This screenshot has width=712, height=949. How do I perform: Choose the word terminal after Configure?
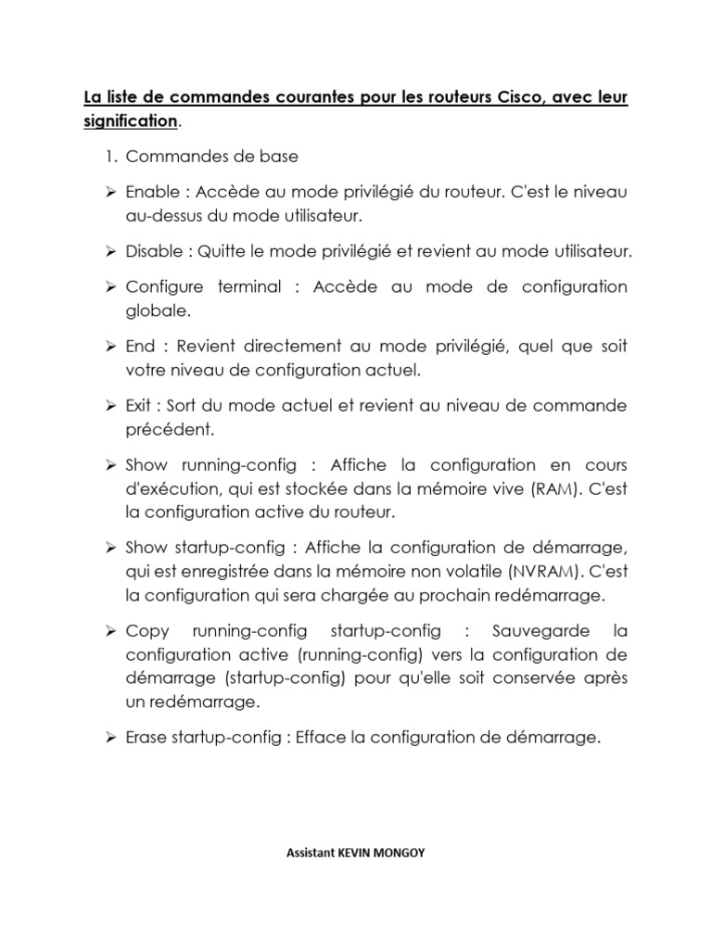click(248, 287)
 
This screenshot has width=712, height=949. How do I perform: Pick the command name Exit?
click(140, 406)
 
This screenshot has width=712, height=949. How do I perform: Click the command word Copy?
click(146, 631)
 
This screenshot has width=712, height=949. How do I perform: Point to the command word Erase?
click(147, 738)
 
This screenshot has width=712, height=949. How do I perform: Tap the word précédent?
click(167, 430)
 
